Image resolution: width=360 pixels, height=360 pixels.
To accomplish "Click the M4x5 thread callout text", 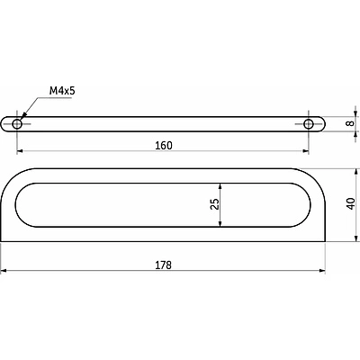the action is pos(62,91).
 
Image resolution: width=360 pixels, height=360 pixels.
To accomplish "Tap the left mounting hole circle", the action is pos(17,124).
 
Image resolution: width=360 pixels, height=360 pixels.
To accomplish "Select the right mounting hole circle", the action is pos(309,124).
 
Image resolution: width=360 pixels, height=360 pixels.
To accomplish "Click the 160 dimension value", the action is pos(164,146).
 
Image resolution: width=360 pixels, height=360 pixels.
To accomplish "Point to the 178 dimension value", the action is pos(164,265).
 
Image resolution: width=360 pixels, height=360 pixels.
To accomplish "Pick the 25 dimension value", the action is pos(215,204).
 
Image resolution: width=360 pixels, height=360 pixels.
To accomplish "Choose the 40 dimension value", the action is pos(351,204).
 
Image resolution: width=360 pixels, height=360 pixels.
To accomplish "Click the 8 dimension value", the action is pos(350,123).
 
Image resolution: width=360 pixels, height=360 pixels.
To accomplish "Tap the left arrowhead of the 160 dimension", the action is pos(20,151).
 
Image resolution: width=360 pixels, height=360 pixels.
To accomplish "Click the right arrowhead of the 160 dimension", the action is pos(306,151).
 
